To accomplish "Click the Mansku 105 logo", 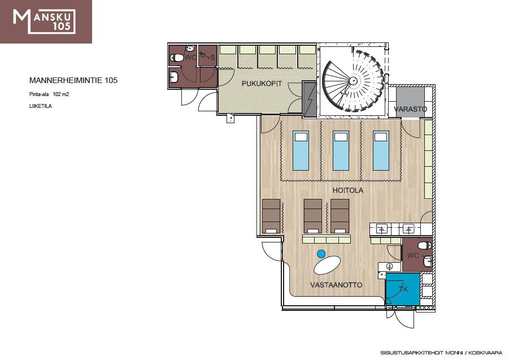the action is point(46,21).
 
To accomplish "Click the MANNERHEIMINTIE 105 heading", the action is point(73,80).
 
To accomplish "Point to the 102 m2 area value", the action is point(61,94).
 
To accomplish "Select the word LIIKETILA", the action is point(41,106).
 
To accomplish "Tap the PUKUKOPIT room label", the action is point(262,84).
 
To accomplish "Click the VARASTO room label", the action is point(411,109).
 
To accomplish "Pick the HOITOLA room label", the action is point(347,190).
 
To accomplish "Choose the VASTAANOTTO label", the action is point(336,285).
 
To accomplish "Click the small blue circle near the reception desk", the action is point(321,254).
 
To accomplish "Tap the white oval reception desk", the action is point(328,265).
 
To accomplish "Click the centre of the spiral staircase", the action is point(353,80).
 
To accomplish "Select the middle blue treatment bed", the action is point(341,151).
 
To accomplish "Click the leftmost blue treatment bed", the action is point(301,151).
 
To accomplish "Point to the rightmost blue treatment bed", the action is point(381,151).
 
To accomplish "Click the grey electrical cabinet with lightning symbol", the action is point(310,99).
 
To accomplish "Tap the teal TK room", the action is point(403,289).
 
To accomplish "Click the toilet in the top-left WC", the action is point(177,58).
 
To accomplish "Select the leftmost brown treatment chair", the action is point(271,216).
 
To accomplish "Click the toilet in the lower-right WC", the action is point(425,245).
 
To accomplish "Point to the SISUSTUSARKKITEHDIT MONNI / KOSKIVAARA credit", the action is point(441,353).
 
